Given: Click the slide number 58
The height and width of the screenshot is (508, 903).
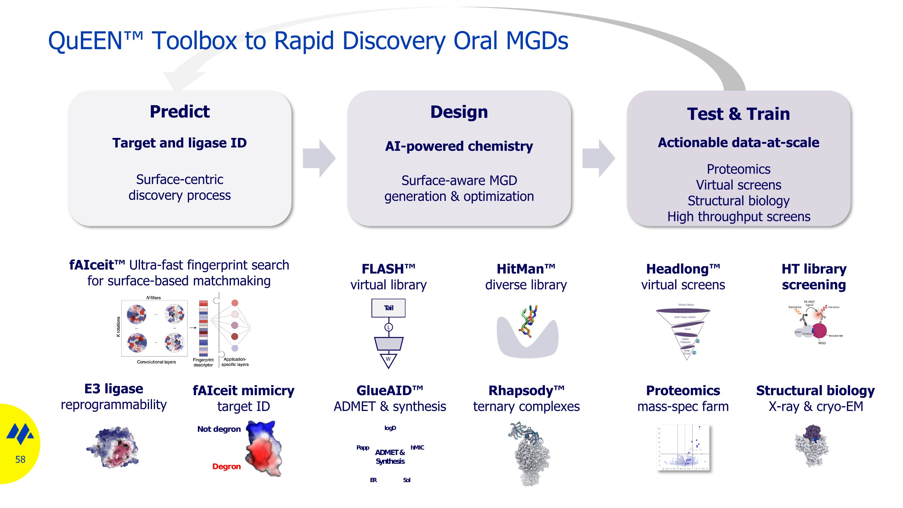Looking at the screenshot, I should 20,459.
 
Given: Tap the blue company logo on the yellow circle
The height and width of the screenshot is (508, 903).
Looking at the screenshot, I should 20,434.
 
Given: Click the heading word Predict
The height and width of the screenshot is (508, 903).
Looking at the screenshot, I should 179,111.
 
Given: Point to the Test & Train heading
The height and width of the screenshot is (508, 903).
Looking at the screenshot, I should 738,114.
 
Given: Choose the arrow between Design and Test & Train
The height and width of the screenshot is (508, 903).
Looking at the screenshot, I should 598,158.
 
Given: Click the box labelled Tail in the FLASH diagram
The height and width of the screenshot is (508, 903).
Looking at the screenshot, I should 388,308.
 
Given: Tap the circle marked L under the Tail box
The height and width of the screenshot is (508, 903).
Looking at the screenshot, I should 388,327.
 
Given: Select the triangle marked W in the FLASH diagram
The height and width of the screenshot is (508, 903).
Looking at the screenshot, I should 388,360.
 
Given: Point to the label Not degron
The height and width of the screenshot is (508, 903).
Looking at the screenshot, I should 219,429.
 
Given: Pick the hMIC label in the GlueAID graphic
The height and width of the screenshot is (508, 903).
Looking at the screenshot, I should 417,447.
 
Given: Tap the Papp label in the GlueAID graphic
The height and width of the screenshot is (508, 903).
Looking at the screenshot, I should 363,447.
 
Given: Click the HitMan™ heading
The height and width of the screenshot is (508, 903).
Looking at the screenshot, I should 526,269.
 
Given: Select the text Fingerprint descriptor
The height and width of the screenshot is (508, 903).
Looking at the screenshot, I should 203,362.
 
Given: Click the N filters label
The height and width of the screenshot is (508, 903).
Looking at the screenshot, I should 154,298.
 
